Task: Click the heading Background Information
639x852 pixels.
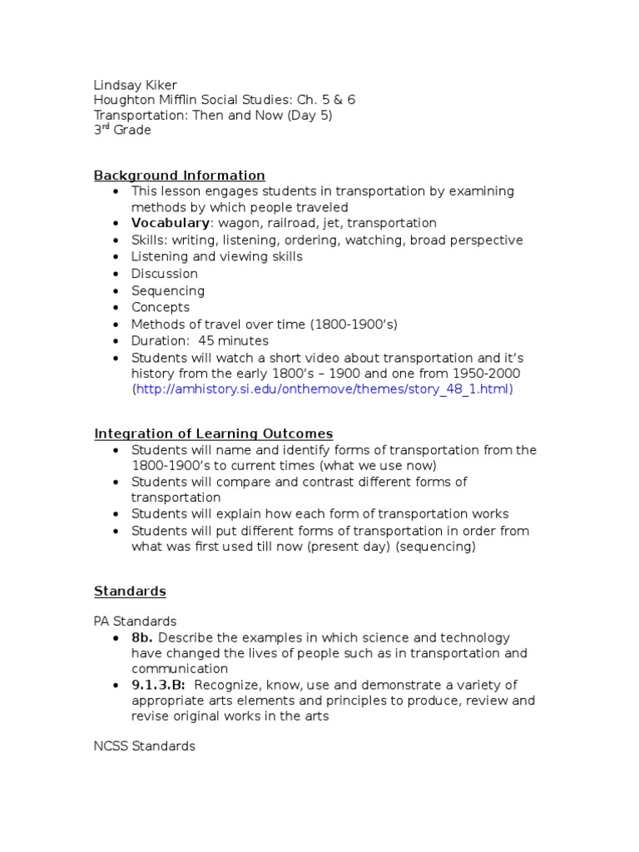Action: pyautogui.click(x=179, y=176)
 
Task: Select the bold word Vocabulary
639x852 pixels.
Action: pyautogui.click(x=170, y=224)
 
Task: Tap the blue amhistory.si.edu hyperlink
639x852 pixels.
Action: pyautogui.click(x=324, y=389)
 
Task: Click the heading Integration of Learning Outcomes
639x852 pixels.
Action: pyautogui.click(x=213, y=433)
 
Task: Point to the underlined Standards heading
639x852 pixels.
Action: pyautogui.click(x=130, y=592)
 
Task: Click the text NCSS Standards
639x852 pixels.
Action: pyautogui.click(x=144, y=746)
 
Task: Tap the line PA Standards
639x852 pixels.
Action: pyautogui.click(x=135, y=622)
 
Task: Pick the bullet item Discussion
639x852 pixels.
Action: pyautogui.click(x=164, y=274)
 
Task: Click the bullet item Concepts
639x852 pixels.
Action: pyautogui.click(x=160, y=307)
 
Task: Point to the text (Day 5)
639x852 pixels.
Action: pyautogui.click(x=310, y=116)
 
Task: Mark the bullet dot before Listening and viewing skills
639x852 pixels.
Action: pyautogui.click(x=115, y=257)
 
